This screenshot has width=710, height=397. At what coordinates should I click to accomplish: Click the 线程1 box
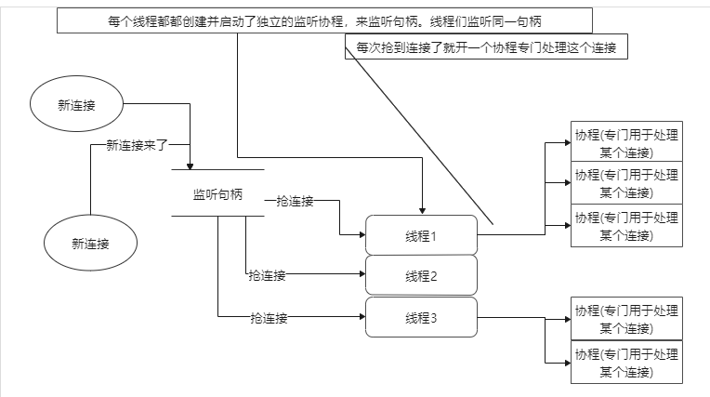pos(421,235)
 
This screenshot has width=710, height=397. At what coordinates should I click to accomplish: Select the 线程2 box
pos(421,276)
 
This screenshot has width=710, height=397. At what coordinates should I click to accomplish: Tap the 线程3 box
pos(421,318)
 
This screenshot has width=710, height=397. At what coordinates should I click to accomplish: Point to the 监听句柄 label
pos(218,194)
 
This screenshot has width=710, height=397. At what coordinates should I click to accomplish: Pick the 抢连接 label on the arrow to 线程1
pos(295,201)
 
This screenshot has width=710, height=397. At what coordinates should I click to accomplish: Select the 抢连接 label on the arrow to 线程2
pos(266,275)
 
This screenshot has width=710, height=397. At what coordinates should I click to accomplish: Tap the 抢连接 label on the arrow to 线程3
pos(269,318)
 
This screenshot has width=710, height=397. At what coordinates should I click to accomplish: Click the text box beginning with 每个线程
pos(324,20)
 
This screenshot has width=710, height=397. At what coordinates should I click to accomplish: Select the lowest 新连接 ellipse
pos(90,244)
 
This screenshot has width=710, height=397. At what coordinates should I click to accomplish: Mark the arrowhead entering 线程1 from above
pos(422,211)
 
